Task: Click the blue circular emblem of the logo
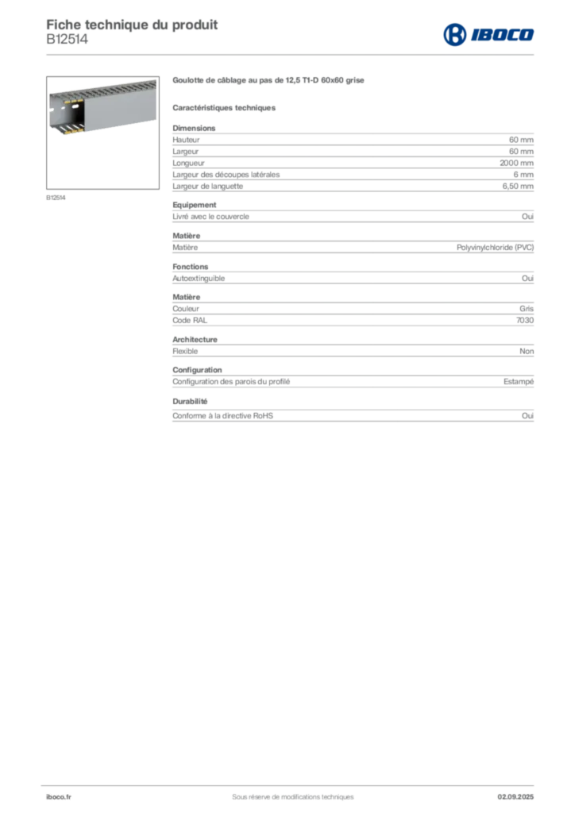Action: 453,35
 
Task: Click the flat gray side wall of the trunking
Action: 119,107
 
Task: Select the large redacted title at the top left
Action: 132,22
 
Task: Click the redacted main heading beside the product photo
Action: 268,80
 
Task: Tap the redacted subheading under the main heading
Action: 226,107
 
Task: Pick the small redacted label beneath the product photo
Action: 56,198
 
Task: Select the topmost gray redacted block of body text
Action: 353,143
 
